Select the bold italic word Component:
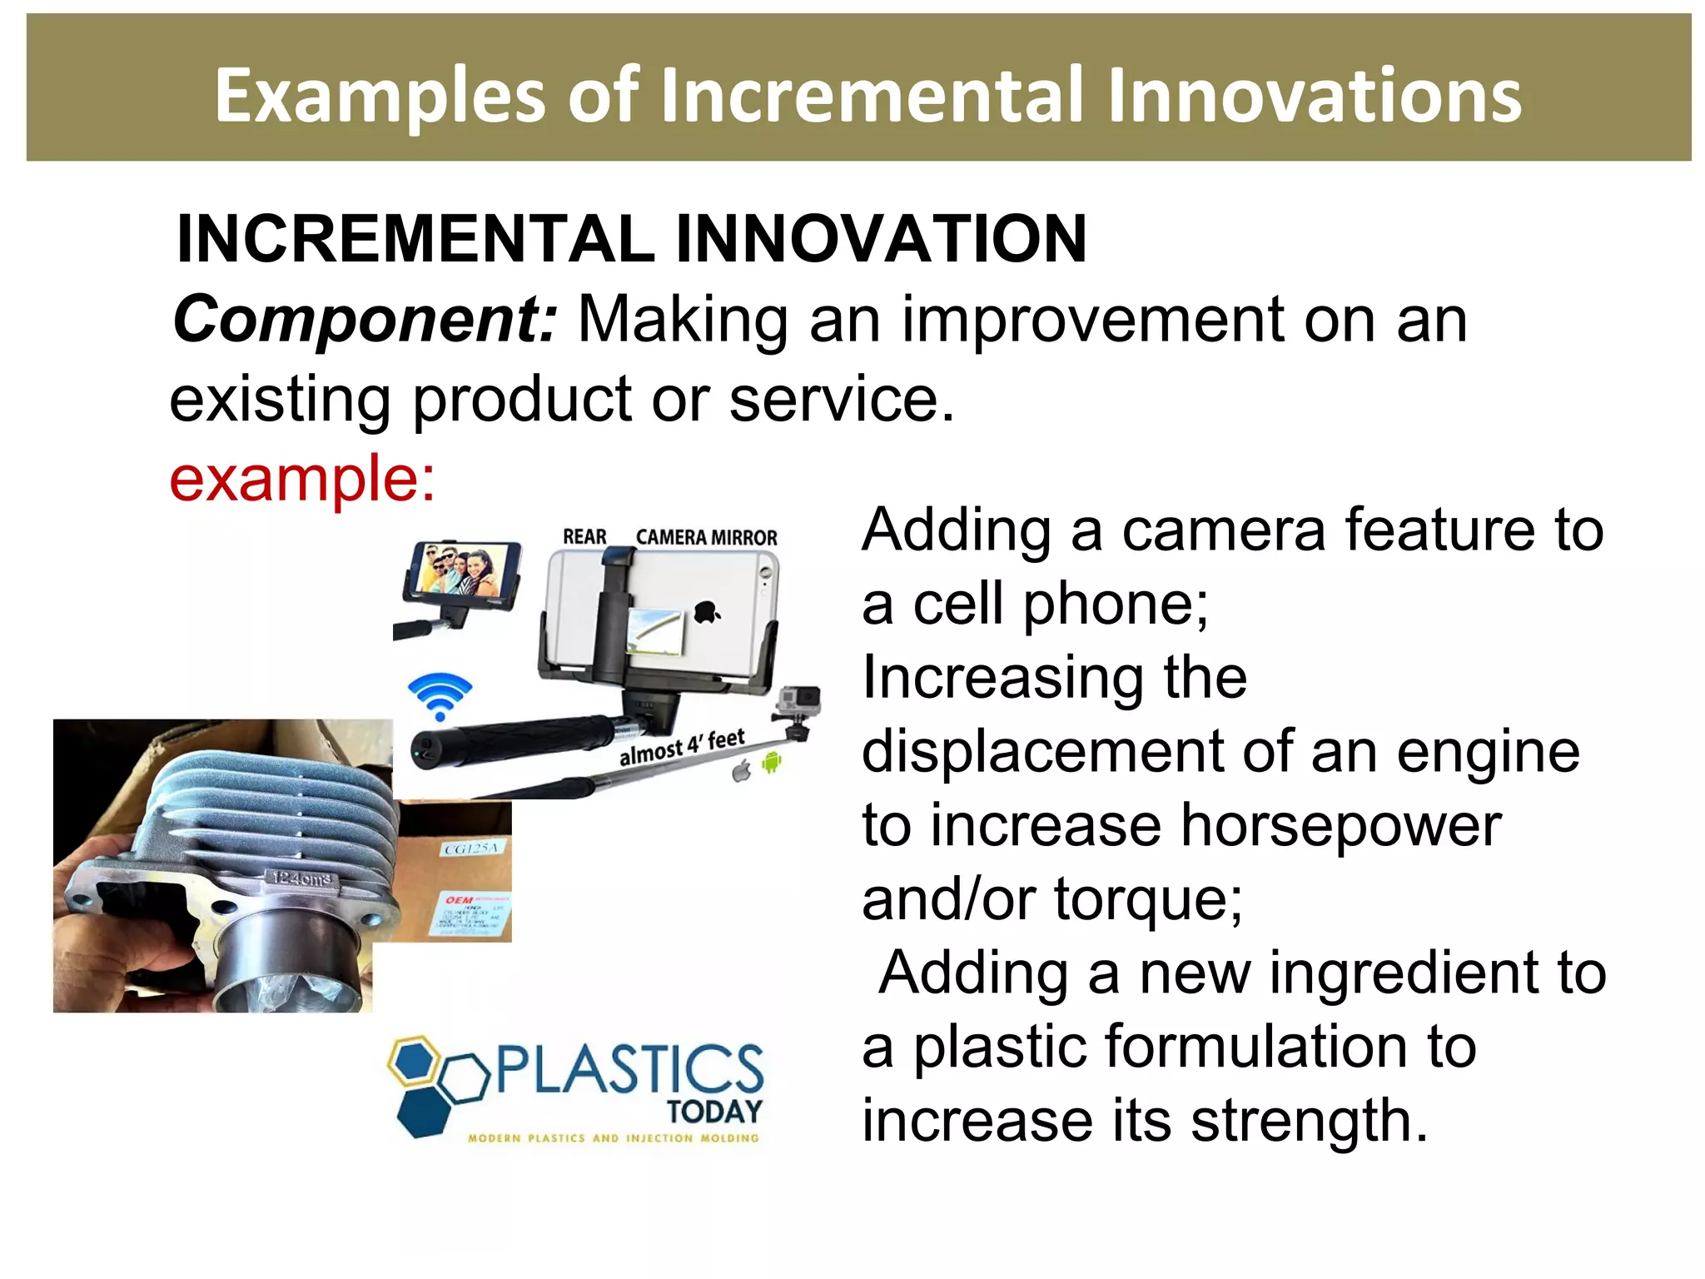point(365,321)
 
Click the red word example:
point(302,479)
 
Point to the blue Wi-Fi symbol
point(440,696)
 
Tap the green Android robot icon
point(772,761)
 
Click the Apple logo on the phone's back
point(707,613)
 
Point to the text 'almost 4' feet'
point(682,747)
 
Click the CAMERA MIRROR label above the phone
point(706,538)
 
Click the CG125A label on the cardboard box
point(471,849)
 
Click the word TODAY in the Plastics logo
point(714,1112)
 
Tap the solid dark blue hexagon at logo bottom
point(423,1112)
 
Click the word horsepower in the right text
point(1340,827)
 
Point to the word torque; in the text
point(1149,900)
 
